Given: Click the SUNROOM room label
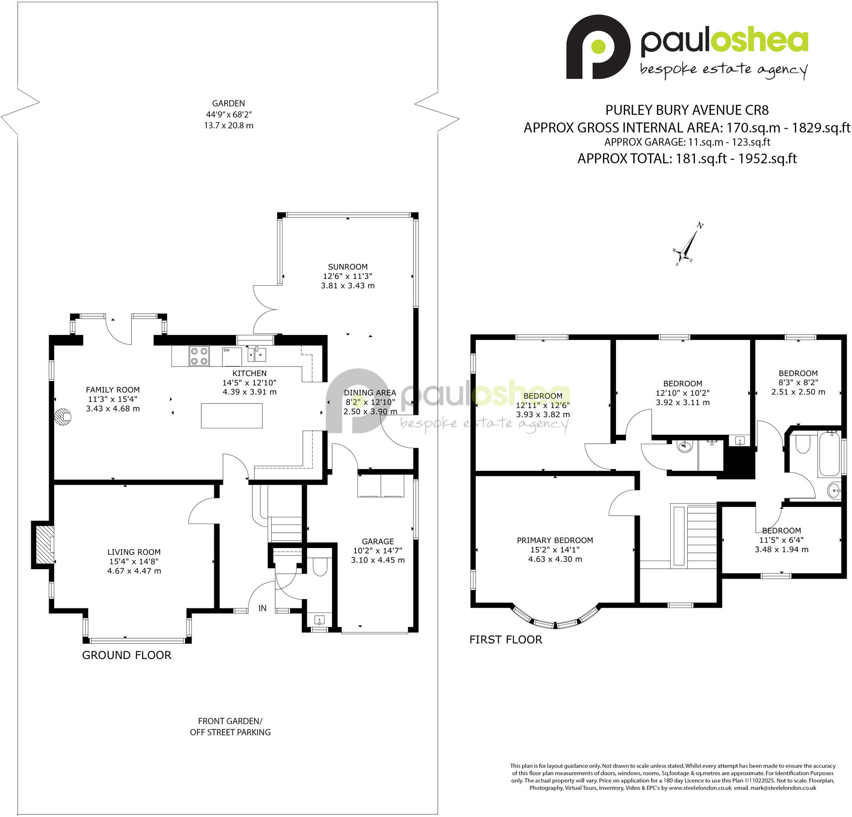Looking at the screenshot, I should point(347,267).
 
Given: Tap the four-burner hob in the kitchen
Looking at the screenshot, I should point(199,356).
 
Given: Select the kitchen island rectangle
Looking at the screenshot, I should point(232,415).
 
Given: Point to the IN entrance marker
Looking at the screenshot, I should point(262,608).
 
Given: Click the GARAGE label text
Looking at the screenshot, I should point(378,541).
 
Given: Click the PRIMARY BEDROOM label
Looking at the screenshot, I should point(555,540).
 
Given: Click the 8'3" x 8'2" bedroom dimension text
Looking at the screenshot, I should point(798,382).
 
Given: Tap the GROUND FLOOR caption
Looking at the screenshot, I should point(127,655).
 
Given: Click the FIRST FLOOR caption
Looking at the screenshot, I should point(505,640).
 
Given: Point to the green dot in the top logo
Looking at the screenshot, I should point(598,46).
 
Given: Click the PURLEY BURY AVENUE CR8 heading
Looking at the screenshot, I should point(687,110).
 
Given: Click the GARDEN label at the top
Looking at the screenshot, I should point(228,103).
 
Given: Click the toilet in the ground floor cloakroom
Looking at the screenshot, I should point(320,567).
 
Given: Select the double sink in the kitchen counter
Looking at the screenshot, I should point(256,355).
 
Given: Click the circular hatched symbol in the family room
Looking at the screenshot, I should point(63,416).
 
